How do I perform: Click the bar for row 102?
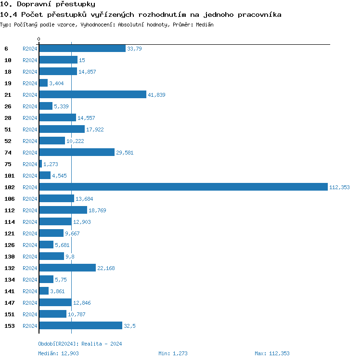click(183, 187)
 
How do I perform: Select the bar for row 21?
click(92, 94)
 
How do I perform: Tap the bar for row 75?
click(40, 164)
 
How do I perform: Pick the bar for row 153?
click(80, 325)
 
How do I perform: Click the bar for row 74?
click(77, 152)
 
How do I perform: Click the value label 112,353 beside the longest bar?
click(339, 187)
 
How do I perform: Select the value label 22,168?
click(106, 268)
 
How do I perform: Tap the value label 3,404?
click(56, 83)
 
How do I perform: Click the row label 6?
click(6, 49)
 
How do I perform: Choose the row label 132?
click(10, 268)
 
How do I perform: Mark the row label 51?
click(8, 129)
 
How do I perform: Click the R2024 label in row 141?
click(30, 291)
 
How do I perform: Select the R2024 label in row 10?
click(30, 60)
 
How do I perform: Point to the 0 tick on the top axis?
click(39, 39)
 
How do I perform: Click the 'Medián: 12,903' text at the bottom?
click(58, 353)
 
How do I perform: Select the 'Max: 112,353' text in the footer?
click(272, 353)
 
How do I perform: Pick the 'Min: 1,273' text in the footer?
click(173, 353)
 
